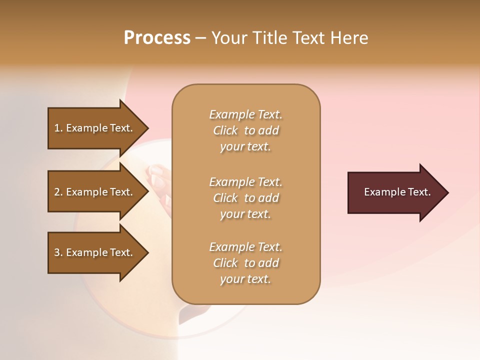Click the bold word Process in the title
click(x=157, y=38)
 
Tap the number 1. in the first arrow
click(x=58, y=128)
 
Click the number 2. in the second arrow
click(x=58, y=192)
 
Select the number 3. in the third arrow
click(x=58, y=252)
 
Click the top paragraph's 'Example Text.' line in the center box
click(x=245, y=114)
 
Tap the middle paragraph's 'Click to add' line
click(x=245, y=198)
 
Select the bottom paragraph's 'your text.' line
click(x=245, y=279)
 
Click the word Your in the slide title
click(x=228, y=38)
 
